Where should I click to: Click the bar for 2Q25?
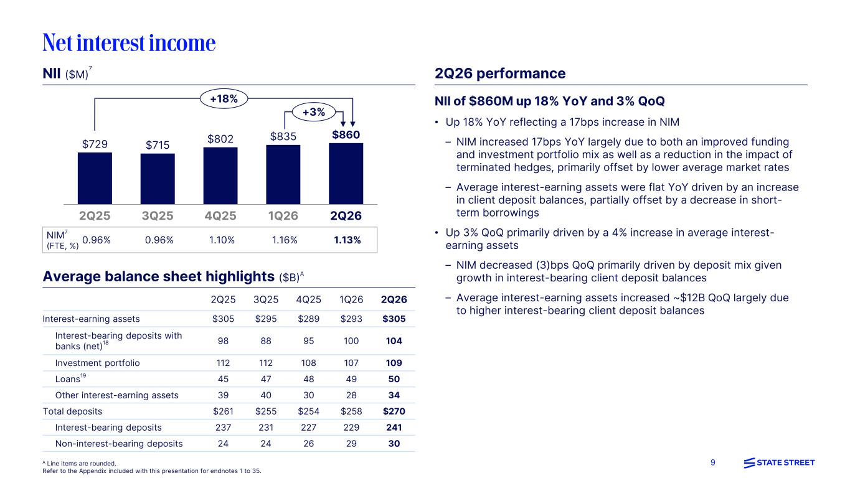point(95,178)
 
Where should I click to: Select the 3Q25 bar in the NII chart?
point(158,179)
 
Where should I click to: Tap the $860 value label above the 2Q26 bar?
point(346,134)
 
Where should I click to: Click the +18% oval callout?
point(224,98)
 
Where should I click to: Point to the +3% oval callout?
point(314,112)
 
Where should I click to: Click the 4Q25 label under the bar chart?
point(220,215)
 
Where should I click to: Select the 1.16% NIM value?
point(285,240)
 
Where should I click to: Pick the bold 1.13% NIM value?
point(347,240)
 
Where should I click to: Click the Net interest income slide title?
point(129,42)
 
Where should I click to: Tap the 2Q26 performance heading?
point(500,73)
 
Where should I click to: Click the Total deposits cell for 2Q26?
point(394,411)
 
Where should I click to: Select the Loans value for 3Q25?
point(266,379)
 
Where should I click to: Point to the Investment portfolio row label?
point(98,363)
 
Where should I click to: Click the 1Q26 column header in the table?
point(351,300)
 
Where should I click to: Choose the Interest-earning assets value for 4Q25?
point(308,319)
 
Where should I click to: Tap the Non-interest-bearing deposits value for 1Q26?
point(351,444)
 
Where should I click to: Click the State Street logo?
point(779,463)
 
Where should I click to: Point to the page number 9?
point(712,462)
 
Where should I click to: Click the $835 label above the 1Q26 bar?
point(283,136)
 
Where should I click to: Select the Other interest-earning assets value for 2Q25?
point(223,395)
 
